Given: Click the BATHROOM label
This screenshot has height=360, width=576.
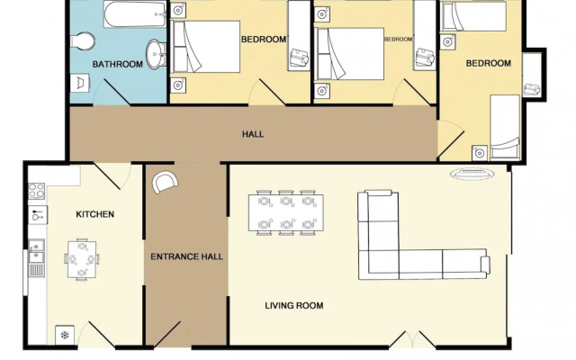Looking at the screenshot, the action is coord(118,64).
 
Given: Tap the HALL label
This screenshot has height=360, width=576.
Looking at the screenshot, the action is coord(253,134).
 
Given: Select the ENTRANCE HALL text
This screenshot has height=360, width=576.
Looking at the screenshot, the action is coord(186,256).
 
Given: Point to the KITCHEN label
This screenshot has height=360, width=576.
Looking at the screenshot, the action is coord(94,214).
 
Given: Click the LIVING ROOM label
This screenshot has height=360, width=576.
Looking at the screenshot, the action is coord(294,305).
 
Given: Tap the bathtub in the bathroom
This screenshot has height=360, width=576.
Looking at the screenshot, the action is coord(135,14).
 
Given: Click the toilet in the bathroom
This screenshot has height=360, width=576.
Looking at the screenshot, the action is coord(82,40).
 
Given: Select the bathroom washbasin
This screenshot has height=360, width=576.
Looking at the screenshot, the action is coord(157,54).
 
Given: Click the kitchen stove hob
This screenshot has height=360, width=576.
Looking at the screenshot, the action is coord(37,191).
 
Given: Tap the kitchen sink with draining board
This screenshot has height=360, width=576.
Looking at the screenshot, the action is coord(36,257).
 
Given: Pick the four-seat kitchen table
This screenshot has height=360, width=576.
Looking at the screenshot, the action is coord(82,259).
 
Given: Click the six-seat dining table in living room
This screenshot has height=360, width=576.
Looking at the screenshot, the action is coord(286,212).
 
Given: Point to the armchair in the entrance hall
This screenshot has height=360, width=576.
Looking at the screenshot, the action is coord(165,182).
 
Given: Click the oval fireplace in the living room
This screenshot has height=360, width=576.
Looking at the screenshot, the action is coord(472,174).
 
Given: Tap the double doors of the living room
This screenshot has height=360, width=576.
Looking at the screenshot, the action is coord(412,339).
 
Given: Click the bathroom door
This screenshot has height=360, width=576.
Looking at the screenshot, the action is coord(117,92).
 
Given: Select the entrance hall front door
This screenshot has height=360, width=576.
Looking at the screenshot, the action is coord(167,334).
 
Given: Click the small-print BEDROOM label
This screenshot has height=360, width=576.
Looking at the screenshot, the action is coord(398,39).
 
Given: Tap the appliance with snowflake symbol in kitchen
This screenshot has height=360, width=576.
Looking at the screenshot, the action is coord(65,335).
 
